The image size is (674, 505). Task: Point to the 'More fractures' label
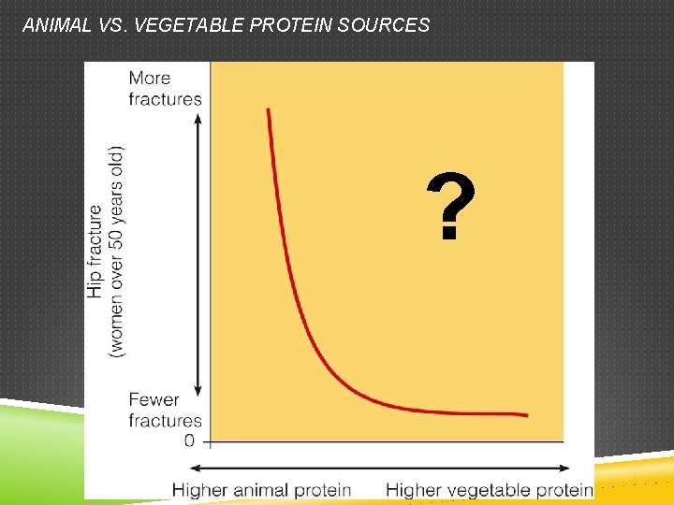(x=165, y=88)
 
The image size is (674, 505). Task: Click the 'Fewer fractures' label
(x=165, y=410)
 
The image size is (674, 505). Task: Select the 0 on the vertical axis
(x=189, y=440)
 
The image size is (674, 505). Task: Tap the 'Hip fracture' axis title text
(x=95, y=252)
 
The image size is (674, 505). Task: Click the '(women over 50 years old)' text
(x=116, y=250)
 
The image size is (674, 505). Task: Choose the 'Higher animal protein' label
(x=261, y=489)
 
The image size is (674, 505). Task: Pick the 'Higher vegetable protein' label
(x=489, y=489)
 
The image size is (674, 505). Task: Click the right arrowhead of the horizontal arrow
(x=565, y=468)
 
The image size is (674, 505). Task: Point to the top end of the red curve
(x=269, y=109)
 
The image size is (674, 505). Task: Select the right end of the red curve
(x=527, y=415)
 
